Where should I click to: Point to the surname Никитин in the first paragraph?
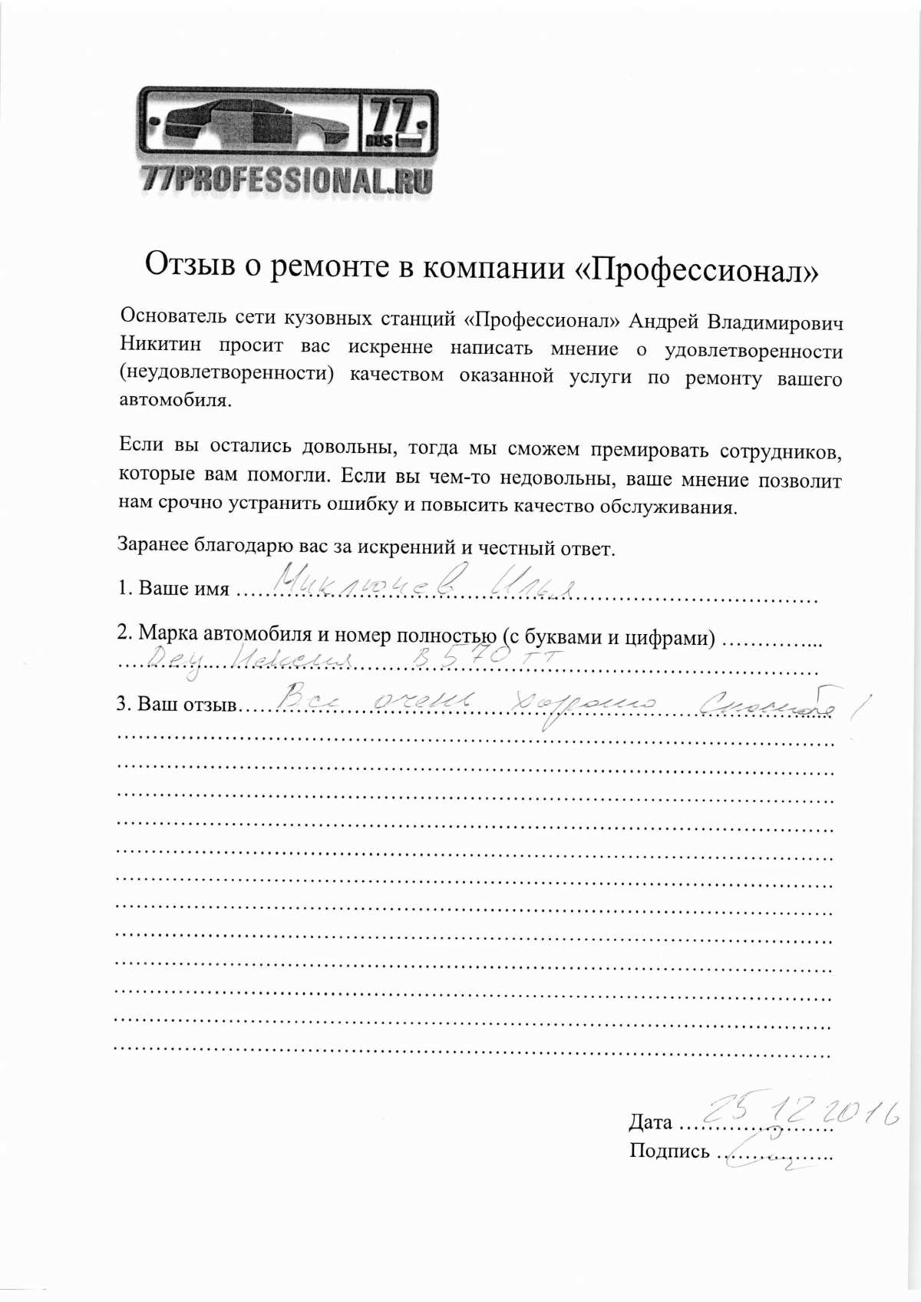[x=160, y=345]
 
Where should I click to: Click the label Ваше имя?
[x=183, y=588]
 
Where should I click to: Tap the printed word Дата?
[x=650, y=1122]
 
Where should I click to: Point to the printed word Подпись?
[x=669, y=1151]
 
